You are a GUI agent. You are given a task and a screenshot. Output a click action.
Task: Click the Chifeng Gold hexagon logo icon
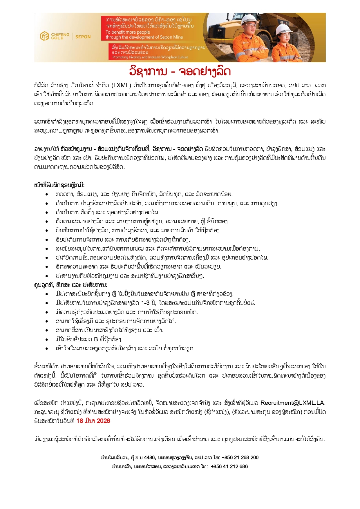[44, 36]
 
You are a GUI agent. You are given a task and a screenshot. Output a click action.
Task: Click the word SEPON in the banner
[83, 37]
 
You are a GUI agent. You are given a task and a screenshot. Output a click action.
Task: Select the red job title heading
[180, 71]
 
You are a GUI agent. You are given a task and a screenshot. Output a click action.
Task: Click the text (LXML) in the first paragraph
[121, 86]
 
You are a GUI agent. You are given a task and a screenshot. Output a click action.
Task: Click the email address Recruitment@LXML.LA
[293, 403]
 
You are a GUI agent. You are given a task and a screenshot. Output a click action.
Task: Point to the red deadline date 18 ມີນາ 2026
[93, 421]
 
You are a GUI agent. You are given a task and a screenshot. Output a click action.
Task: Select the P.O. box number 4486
[149, 457]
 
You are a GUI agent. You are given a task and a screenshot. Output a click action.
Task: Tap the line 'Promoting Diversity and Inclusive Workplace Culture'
[150, 57]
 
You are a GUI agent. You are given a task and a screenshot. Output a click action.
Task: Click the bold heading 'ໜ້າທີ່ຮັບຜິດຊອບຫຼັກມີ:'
[59, 185]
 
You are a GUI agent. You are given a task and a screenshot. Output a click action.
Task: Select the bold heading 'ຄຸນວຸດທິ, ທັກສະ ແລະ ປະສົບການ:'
[70, 285]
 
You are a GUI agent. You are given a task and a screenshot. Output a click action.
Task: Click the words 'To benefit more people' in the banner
[128, 32]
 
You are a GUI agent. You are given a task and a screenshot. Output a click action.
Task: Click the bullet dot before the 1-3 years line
[47, 303]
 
